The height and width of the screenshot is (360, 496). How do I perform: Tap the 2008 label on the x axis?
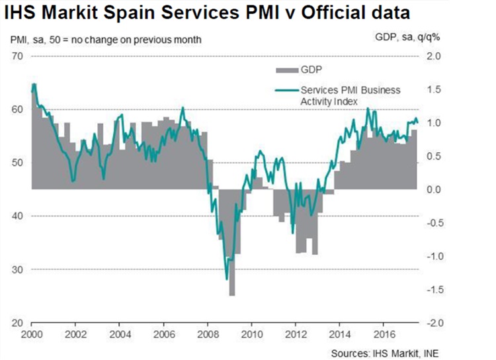208,333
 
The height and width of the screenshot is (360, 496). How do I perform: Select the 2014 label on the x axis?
339,333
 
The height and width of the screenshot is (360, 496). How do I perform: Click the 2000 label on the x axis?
32,333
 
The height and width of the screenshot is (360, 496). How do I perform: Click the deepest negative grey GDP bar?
232,291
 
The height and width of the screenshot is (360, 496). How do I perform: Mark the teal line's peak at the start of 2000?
34,84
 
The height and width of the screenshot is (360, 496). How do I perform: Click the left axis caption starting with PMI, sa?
106,40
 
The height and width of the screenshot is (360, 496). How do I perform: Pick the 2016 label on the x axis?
383,333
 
